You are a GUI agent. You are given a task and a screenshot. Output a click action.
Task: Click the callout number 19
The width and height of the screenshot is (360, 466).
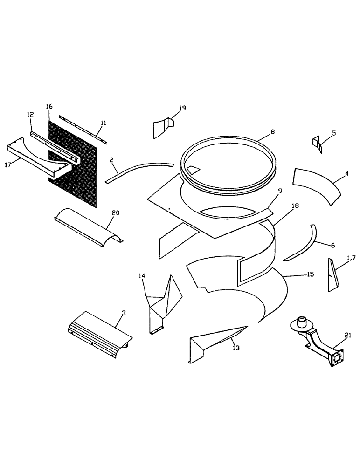[x=182, y=108]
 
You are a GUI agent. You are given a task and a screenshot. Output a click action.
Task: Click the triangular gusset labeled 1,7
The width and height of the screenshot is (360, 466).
[x=332, y=276]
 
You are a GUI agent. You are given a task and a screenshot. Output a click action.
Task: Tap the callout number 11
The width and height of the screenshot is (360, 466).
[x=103, y=123]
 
